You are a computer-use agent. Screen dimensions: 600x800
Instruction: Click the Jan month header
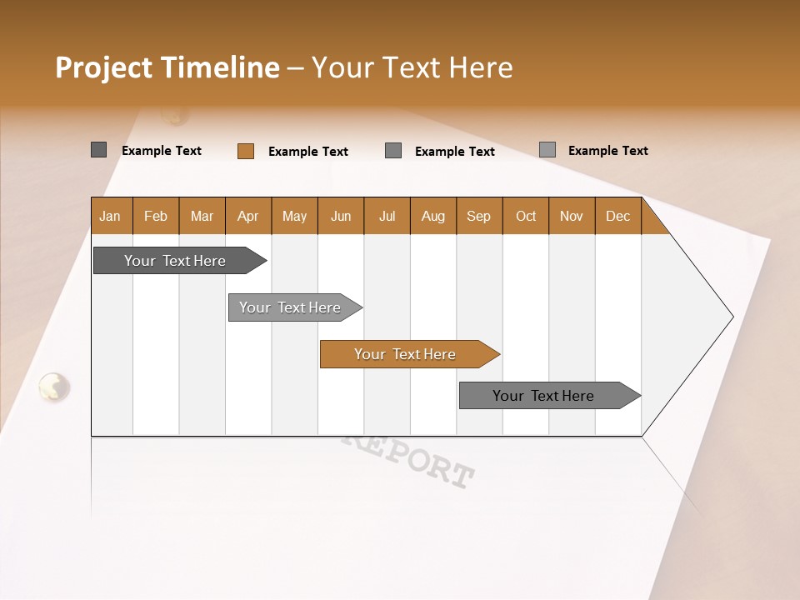tap(111, 216)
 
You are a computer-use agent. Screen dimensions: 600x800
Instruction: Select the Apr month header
tap(248, 216)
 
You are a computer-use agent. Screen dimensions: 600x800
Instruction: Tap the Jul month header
tap(387, 216)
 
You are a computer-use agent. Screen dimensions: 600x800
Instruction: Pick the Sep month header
tap(479, 216)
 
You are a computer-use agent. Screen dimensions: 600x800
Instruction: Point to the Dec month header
tap(618, 216)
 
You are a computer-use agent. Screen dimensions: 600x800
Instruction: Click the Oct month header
tap(526, 216)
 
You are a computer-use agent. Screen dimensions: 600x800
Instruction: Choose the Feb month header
tap(156, 216)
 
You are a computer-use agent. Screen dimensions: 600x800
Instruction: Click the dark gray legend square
tap(99, 150)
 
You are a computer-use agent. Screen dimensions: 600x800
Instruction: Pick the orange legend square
tap(246, 151)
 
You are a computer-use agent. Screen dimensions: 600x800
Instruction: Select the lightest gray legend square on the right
tap(547, 150)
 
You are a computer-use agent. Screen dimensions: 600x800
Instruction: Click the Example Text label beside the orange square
tap(308, 152)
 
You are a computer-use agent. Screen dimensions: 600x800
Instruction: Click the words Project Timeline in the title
tap(167, 67)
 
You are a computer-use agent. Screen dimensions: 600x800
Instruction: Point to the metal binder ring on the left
tap(54, 386)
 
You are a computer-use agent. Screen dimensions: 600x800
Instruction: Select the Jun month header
tap(341, 216)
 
